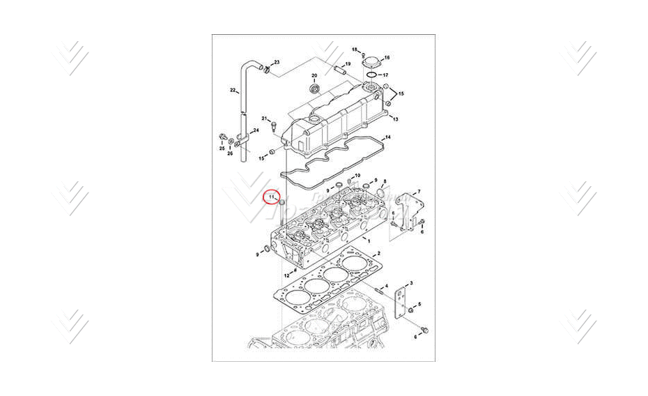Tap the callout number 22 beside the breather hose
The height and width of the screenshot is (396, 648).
click(x=233, y=90)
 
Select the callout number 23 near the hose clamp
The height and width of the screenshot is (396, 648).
click(x=276, y=63)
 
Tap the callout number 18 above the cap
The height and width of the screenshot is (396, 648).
click(x=355, y=49)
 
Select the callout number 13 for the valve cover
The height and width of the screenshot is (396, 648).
click(x=395, y=119)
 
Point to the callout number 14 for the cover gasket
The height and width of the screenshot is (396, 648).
click(x=388, y=137)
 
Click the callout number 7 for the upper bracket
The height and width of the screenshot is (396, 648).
click(x=419, y=191)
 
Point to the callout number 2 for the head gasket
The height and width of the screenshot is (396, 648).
click(x=378, y=253)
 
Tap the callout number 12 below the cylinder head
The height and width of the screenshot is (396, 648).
click(x=286, y=275)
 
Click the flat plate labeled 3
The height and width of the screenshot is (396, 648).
click(x=401, y=300)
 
